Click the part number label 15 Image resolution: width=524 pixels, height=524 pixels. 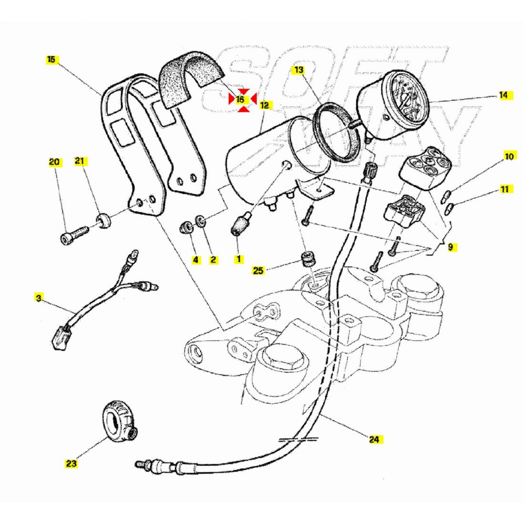[51, 60]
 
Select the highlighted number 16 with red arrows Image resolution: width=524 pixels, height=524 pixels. [240, 100]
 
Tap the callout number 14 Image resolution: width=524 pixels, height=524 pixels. [503, 95]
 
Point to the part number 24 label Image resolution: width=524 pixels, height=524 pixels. [374, 439]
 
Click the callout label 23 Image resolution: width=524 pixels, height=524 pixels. [71, 463]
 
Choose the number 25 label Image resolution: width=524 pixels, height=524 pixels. [258, 271]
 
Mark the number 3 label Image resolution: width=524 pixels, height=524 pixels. [39, 298]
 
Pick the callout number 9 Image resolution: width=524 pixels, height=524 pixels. [450, 247]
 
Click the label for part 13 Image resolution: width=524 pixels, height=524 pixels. [298, 70]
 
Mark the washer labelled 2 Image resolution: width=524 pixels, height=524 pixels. [202, 221]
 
